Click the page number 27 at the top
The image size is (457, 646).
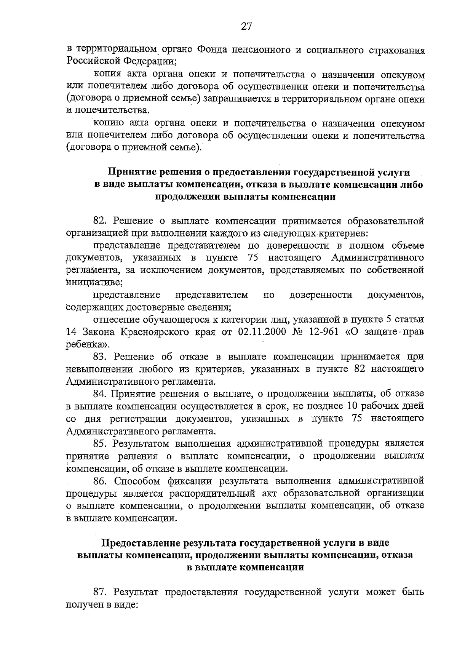click(246, 26)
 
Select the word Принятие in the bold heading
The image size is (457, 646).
click(131, 173)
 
